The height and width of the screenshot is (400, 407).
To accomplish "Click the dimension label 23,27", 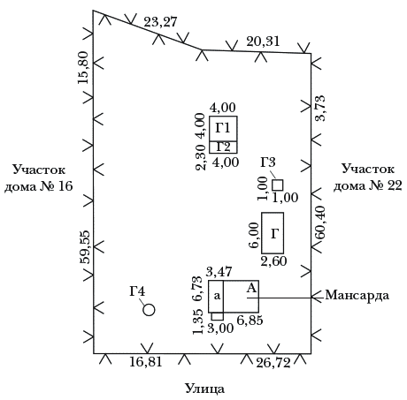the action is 160,22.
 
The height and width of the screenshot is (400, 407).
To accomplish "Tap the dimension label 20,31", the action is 263,42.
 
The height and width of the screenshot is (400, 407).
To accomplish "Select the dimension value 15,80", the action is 83,68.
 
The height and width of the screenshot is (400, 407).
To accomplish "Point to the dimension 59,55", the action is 85,247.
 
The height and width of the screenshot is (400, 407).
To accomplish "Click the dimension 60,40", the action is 319,223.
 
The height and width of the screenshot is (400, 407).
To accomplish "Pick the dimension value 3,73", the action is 319,109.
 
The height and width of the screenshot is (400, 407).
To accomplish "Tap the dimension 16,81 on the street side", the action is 146,362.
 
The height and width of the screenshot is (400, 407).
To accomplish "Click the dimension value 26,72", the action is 273,363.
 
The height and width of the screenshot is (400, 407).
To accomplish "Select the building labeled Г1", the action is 223,129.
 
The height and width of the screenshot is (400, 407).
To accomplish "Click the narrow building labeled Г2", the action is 223,147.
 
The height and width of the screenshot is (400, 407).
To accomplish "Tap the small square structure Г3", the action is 278,185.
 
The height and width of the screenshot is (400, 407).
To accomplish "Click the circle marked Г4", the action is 149,310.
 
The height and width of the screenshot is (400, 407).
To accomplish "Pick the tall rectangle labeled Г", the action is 273,233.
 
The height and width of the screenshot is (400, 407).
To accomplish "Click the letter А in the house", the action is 251,289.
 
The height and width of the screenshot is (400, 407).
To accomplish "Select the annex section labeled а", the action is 216,297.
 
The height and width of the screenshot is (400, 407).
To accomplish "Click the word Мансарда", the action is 357,295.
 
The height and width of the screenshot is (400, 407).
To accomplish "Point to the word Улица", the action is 204,389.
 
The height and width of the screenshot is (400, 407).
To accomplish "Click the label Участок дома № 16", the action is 39,177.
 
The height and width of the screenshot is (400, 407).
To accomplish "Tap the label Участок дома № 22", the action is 368,177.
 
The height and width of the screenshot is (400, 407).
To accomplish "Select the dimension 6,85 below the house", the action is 250,321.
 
